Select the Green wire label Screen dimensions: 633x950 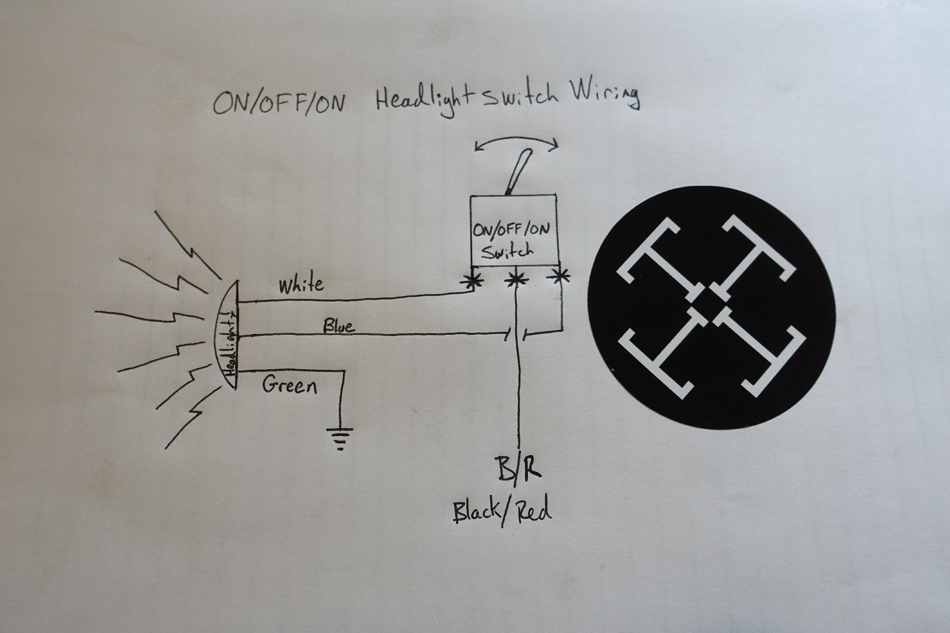(x=289, y=385)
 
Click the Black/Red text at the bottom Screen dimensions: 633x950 (x=502, y=512)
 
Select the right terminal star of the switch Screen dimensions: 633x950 (x=559, y=277)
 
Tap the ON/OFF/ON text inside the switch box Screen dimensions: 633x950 (x=511, y=230)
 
